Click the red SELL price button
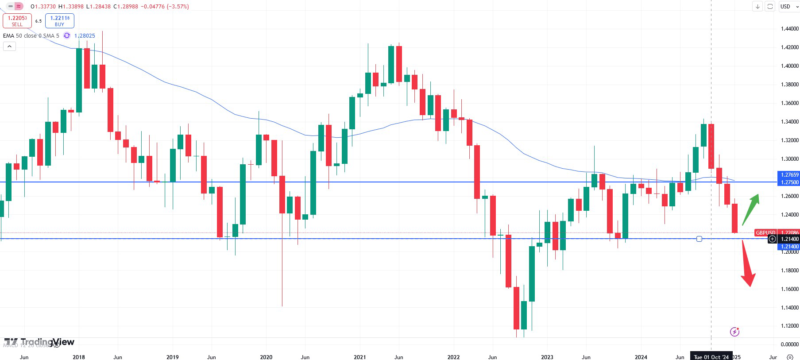point(17,21)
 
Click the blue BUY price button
point(59,21)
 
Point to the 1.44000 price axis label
point(789,29)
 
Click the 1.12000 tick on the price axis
point(789,326)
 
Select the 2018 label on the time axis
point(79,357)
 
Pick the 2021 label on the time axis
point(360,357)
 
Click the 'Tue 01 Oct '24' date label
point(711,357)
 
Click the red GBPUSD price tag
point(765,232)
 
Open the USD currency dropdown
point(789,7)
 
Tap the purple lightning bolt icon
point(734,332)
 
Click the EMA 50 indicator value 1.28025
point(85,36)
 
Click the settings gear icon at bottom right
point(790,357)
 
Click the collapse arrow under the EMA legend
point(9,46)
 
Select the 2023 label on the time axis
point(547,357)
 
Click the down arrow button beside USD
point(757,7)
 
